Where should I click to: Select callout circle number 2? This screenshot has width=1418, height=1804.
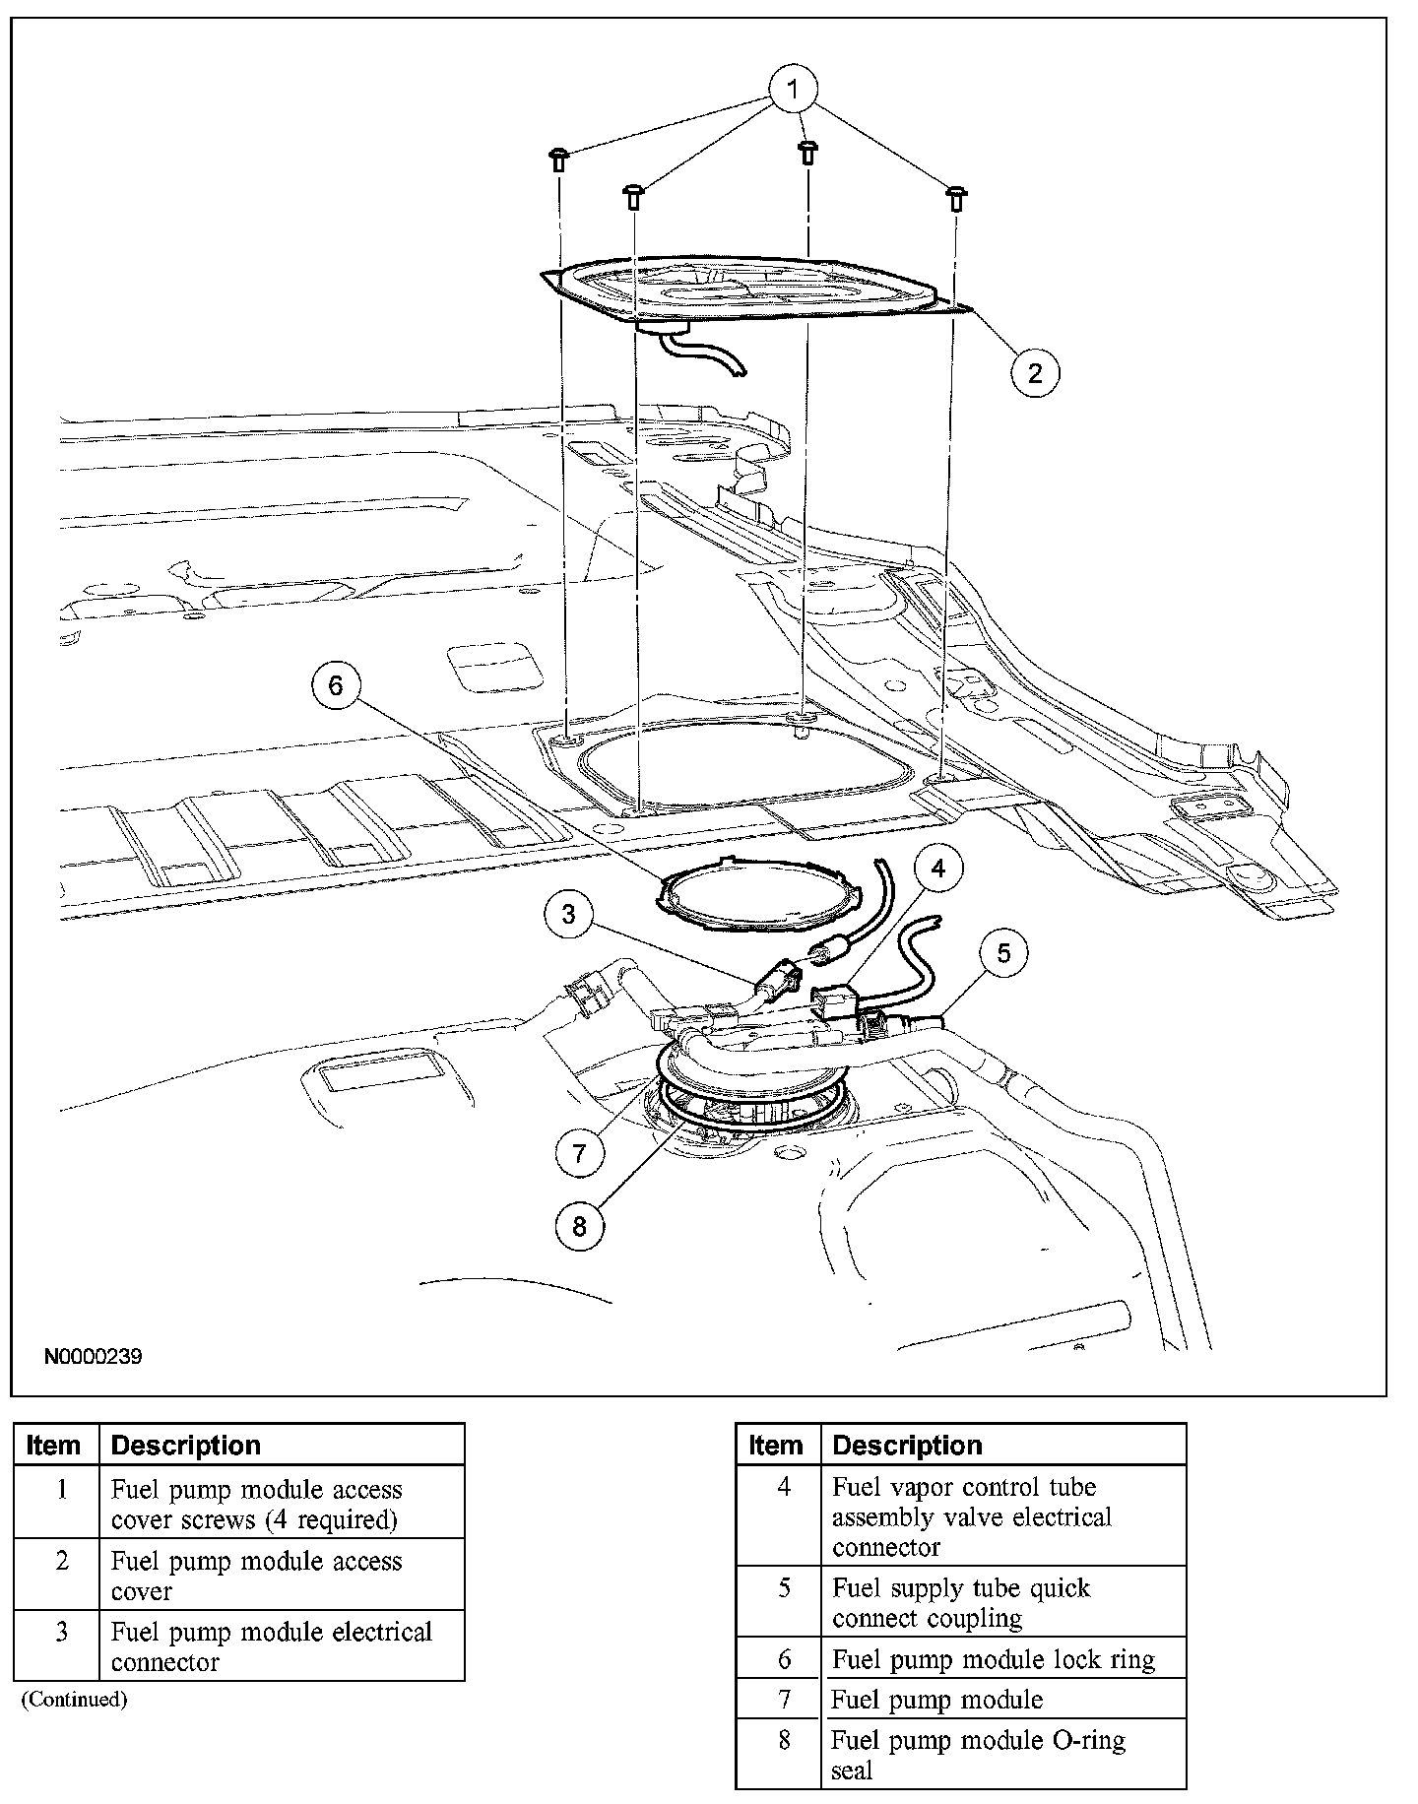point(1034,372)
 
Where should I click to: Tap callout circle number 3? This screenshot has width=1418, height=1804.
point(569,915)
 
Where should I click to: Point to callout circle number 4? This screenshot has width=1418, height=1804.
point(937,868)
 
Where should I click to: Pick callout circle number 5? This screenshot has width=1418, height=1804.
point(1003,953)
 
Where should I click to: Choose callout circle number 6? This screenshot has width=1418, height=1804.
point(336,685)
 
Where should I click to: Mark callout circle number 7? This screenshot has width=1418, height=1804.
point(579,1153)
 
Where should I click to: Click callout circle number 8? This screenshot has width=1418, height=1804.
point(579,1225)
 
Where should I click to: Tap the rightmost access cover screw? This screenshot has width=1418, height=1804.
point(954,197)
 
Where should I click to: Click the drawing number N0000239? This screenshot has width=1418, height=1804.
point(94,1357)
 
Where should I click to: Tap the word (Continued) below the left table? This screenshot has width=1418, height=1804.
point(75,1700)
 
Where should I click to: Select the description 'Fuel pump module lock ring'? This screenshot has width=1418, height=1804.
point(993,1659)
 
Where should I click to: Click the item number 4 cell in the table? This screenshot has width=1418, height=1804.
point(784,1487)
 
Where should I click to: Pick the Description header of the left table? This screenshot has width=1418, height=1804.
point(186,1446)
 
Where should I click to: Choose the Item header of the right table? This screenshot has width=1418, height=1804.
point(776,1446)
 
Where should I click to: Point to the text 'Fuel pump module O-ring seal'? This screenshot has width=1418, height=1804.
point(978,1755)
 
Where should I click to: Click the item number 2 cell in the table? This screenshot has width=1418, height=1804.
point(61,1562)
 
